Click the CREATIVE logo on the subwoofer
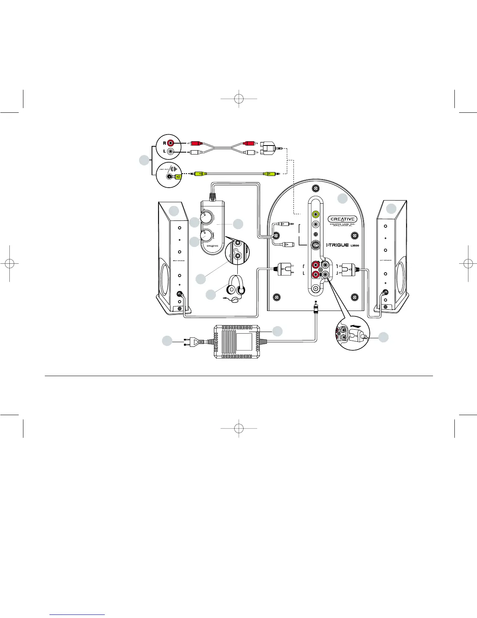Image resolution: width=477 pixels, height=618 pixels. [343, 219]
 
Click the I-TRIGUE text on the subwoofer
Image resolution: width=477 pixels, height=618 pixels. [337, 245]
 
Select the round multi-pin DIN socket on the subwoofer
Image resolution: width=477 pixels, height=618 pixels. [316, 245]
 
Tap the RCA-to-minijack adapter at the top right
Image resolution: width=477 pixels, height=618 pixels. [269, 148]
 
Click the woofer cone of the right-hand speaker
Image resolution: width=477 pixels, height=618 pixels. [401, 273]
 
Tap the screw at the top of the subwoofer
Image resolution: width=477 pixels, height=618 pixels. [316, 189]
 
